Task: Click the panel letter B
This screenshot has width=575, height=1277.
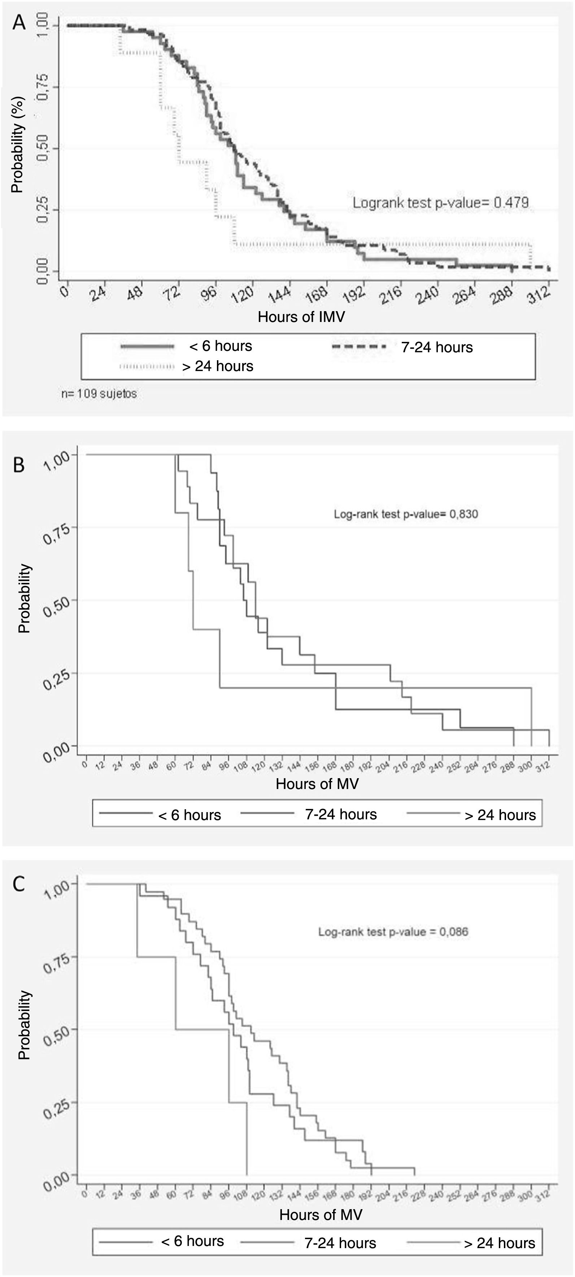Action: click(18, 465)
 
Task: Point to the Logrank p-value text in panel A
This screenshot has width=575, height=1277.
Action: click(440, 202)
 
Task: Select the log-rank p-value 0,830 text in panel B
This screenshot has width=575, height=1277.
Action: click(405, 514)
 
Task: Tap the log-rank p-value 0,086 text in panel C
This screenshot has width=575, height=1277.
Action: click(393, 932)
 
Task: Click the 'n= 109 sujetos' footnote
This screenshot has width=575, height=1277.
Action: click(99, 394)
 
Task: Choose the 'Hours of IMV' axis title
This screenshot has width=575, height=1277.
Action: click(301, 317)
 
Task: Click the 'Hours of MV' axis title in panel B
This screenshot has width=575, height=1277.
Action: click(317, 784)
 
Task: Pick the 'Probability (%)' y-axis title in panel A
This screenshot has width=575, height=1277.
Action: click(18, 144)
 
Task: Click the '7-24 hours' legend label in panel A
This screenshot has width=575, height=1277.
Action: click(437, 348)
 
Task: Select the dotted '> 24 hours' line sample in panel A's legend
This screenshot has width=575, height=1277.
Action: click(147, 367)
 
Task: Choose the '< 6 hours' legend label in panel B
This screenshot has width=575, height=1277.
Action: click(190, 815)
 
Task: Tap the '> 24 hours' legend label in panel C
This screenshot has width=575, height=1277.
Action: click(500, 1243)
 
